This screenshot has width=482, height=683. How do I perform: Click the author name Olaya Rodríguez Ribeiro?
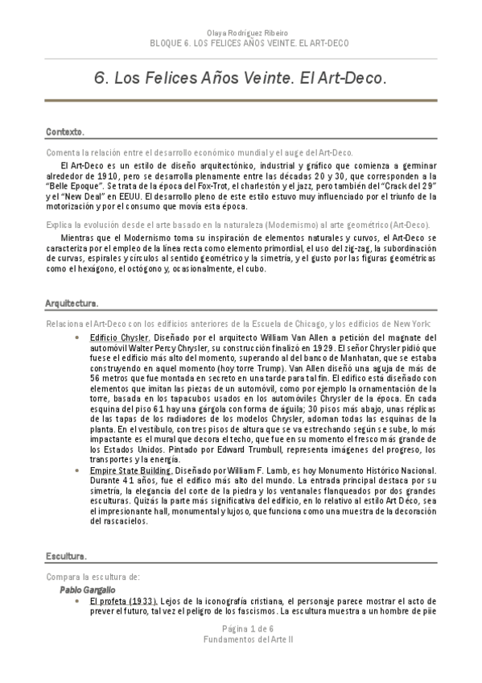click(x=241, y=33)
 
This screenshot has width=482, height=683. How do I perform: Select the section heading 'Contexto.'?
click(x=65, y=130)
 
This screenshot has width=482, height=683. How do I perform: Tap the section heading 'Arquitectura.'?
click(x=72, y=304)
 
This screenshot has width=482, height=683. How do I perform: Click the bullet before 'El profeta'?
click(x=76, y=602)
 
